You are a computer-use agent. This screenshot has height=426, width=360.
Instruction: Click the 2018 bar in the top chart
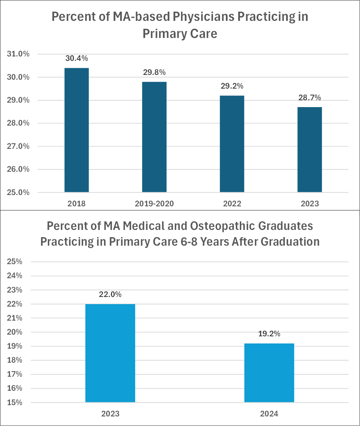[77, 130]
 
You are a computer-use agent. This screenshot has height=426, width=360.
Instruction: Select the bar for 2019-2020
[154, 137]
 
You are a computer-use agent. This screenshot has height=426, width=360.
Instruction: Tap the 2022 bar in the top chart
[232, 144]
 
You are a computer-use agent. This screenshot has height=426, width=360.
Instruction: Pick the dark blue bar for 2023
[310, 150]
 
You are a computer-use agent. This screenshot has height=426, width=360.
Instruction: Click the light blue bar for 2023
[110, 353]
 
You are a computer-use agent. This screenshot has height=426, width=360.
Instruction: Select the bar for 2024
[269, 373]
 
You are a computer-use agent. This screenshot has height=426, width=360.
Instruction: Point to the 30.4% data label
[77, 58]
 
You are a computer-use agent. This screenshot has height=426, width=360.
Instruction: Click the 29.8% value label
[154, 72]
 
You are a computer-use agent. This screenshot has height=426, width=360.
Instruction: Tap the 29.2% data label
[232, 86]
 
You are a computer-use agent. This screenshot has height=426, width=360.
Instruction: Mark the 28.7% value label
[310, 98]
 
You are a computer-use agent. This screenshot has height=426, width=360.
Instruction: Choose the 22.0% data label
[110, 294]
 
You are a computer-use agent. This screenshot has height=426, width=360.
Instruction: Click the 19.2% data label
[269, 334]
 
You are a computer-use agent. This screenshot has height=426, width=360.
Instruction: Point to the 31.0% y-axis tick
[18, 54]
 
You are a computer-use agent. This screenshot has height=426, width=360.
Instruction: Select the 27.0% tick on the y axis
[18, 146]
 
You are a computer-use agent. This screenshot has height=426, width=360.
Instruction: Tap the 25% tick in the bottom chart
[14, 262]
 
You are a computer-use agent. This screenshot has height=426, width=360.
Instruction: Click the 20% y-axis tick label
[14, 332]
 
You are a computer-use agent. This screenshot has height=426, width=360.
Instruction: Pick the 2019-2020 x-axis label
[154, 204]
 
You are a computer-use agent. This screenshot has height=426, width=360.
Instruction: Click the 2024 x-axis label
[269, 414]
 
